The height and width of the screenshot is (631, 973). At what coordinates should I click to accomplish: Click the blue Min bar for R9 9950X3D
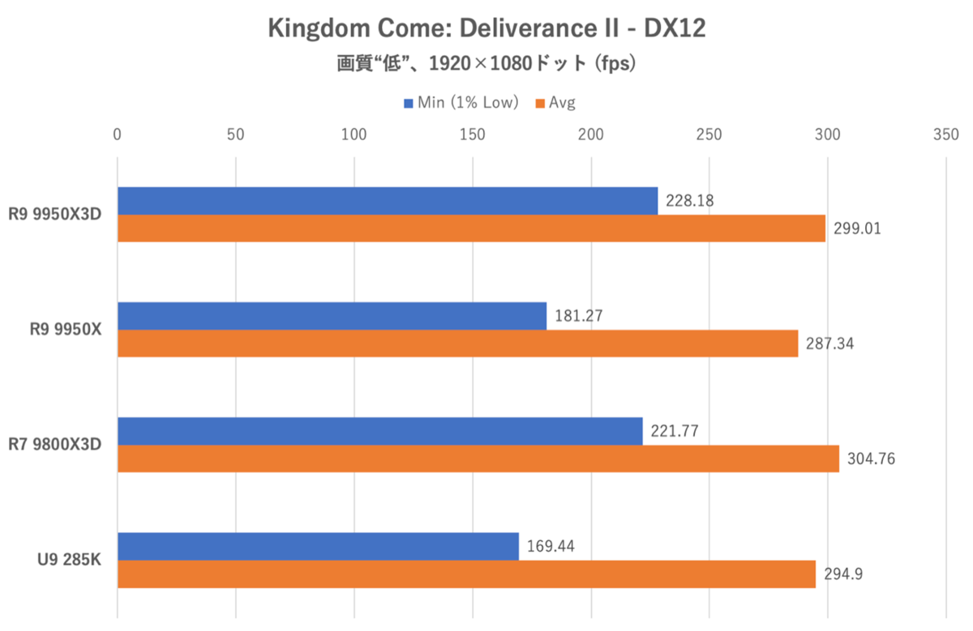coord(388,201)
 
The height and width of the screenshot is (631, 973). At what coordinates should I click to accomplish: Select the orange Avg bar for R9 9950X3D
coord(471,228)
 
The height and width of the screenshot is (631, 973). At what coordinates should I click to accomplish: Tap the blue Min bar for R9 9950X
coord(332,316)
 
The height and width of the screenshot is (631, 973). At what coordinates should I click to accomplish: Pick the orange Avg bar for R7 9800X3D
coord(478,458)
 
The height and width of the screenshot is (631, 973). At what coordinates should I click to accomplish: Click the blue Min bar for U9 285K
coord(318,546)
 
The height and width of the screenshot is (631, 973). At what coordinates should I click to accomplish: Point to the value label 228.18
coord(689,200)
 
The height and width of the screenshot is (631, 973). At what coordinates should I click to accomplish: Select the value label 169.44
coord(550,546)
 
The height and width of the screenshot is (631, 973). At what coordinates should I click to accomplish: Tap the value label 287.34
coord(830,344)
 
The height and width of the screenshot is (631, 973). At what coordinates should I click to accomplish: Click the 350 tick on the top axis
coord(945,134)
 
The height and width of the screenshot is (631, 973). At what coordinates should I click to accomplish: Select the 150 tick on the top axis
coord(472,134)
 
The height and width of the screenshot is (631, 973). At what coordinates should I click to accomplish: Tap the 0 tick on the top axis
coord(118,134)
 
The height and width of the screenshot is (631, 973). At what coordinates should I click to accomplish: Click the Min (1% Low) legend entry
coord(461,103)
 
